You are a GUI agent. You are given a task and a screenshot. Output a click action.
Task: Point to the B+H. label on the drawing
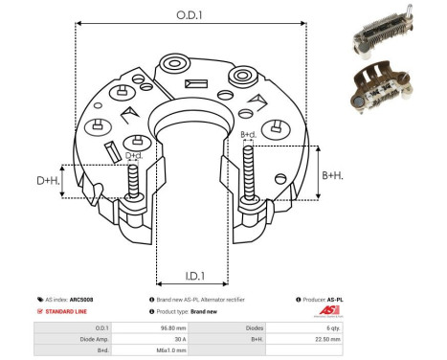(333, 175)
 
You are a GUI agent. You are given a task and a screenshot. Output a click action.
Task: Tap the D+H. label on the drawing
(49, 180)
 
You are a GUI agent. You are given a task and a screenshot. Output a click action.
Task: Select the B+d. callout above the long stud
(248, 135)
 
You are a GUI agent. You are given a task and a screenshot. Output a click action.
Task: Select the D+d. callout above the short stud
(135, 154)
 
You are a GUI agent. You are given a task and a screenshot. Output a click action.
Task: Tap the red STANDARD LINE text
(67, 312)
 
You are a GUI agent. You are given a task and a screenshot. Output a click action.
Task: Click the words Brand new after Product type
(205, 312)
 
